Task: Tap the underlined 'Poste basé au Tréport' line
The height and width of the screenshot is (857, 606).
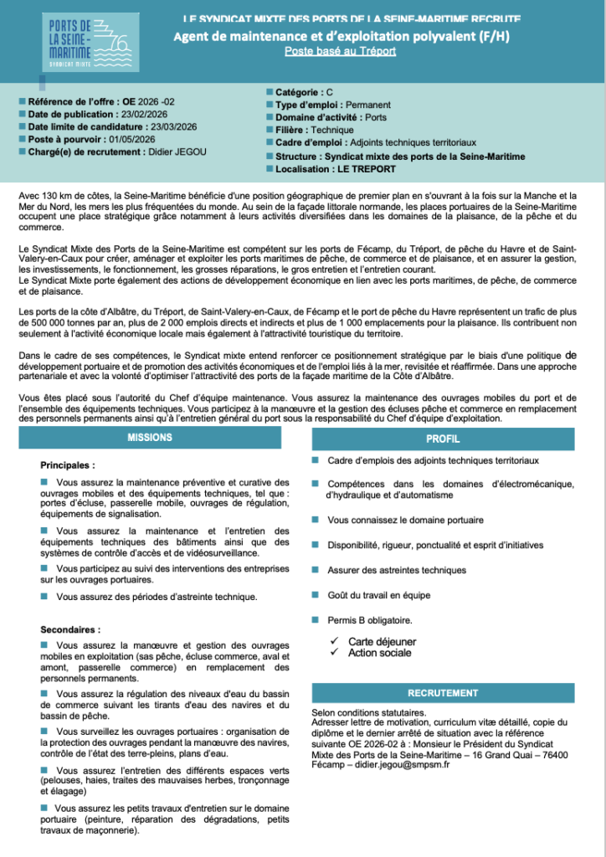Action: pos(340,51)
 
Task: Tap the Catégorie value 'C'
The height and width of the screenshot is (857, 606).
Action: pos(330,92)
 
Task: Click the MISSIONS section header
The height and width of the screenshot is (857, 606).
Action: pos(150,438)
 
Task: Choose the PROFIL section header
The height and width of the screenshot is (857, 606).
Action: pos(443,438)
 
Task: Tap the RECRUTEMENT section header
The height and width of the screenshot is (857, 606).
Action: pos(443,693)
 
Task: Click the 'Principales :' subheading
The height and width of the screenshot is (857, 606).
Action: pos(68,464)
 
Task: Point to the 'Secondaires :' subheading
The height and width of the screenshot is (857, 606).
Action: pos(70,629)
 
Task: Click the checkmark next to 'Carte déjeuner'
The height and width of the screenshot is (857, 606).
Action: pos(333,641)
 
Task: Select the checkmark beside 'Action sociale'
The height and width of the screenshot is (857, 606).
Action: pos(333,652)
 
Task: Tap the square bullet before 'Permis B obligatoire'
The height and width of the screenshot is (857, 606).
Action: pos(315,619)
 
